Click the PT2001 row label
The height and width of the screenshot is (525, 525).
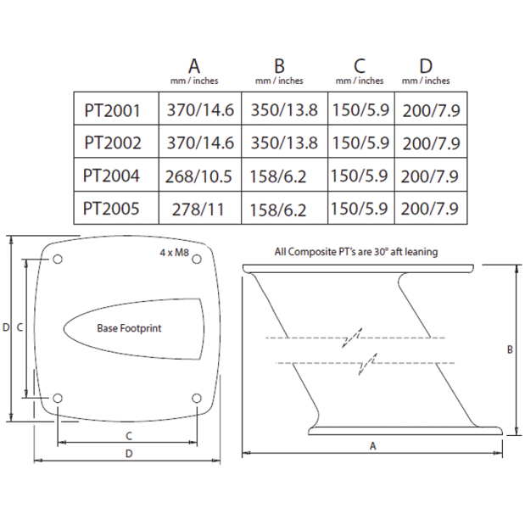[112, 110]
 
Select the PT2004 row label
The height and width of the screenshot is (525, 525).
[111, 176]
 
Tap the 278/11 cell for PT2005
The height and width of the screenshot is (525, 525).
[198, 209]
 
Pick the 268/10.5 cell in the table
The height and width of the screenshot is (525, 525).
[198, 176]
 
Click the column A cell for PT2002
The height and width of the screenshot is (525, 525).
[200, 143]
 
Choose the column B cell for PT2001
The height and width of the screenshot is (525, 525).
[284, 110]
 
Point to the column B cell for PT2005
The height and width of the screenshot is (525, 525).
[278, 210]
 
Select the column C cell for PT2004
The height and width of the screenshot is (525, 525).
[359, 176]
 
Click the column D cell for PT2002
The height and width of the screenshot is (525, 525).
[431, 143]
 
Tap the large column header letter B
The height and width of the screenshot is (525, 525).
[279, 66]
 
